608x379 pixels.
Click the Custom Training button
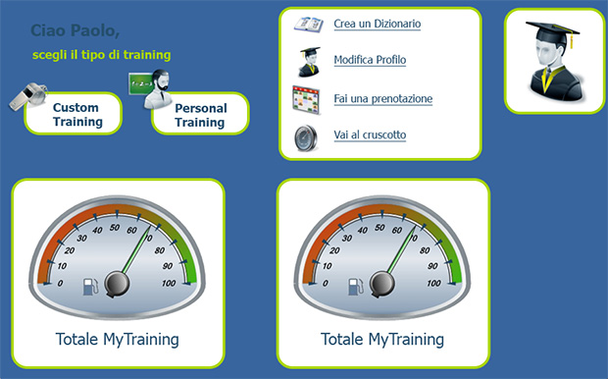77,114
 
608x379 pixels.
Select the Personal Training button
201,115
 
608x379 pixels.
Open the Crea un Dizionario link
378,24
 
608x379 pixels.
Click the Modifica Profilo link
370,61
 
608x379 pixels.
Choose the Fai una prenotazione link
382,98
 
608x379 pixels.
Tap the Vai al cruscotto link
370,135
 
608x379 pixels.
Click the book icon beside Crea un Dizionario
309,25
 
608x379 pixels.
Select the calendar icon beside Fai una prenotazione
307,99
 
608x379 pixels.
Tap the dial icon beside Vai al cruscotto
307,136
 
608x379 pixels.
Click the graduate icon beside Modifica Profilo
308,62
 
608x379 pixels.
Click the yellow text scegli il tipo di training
101,55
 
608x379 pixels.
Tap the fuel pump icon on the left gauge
89,287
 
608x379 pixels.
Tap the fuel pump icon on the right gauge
354,287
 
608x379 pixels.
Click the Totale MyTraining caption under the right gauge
382,340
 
